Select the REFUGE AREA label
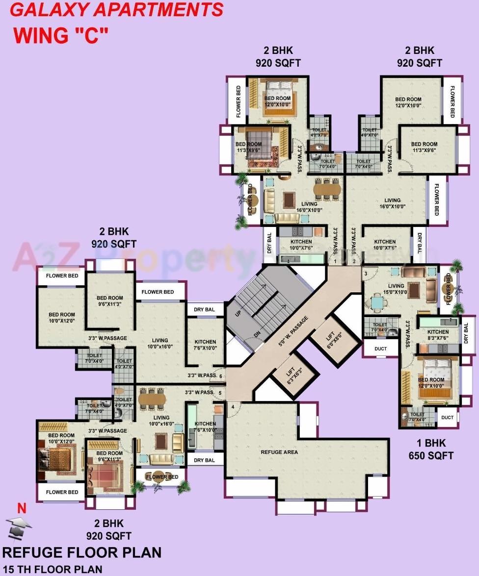(x=279, y=452)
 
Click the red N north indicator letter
(x=22, y=508)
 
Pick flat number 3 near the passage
(x=366, y=273)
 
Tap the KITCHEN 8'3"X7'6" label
(x=438, y=335)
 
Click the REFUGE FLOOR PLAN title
(x=82, y=553)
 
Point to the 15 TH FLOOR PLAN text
(x=53, y=569)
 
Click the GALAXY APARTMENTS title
(x=114, y=10)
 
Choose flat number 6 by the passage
(x=221, y=376)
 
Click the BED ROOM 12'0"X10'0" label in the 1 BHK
(x=431, y=382)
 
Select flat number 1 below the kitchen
(x=335, y=261)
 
